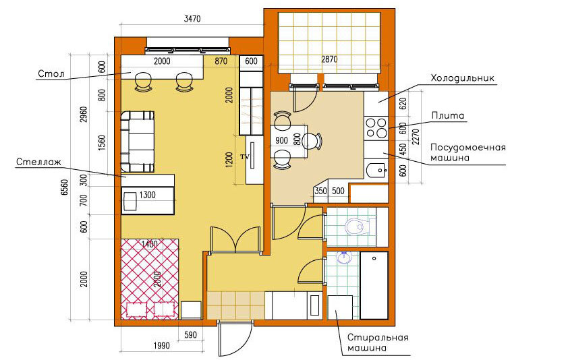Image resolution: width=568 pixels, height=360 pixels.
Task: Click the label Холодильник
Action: tap(462, 78)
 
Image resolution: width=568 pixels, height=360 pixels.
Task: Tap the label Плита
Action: tap(448, 115)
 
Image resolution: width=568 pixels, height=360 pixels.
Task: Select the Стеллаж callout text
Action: tap(38, 162)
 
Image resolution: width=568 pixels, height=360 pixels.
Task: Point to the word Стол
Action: tap(51, 74)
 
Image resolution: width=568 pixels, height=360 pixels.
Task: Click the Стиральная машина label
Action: tap(378, 342)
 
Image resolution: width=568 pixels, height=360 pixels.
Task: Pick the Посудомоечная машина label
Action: tap(467, 152)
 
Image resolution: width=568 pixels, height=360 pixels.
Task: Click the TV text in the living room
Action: tap(245, 157)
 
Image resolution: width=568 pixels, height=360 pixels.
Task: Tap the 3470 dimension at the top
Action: tap(192, 19)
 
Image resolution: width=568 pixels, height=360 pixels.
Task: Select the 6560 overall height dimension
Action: tap(65, 187)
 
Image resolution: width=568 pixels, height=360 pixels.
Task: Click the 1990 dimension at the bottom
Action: tap(161, 346)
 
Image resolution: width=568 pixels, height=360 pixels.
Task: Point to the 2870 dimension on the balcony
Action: tap(329, 59)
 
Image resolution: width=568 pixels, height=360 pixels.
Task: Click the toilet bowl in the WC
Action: tap(355, 227)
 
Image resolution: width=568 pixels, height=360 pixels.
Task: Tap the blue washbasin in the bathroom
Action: tap(344, 258)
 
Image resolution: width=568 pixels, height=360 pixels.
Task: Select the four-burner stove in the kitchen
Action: tap(376, 128)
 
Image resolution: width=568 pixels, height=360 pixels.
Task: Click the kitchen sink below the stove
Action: tap(376, 170)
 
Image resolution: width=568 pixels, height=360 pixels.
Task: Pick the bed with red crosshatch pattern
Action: tap(150, 279)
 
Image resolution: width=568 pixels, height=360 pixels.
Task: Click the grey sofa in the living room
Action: tap(138, 142)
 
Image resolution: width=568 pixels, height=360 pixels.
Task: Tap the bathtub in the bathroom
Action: tap(374, 285)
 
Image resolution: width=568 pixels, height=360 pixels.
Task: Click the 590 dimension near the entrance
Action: tap(190, 334)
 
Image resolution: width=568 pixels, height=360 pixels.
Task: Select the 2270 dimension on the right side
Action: tap(416, 137)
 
